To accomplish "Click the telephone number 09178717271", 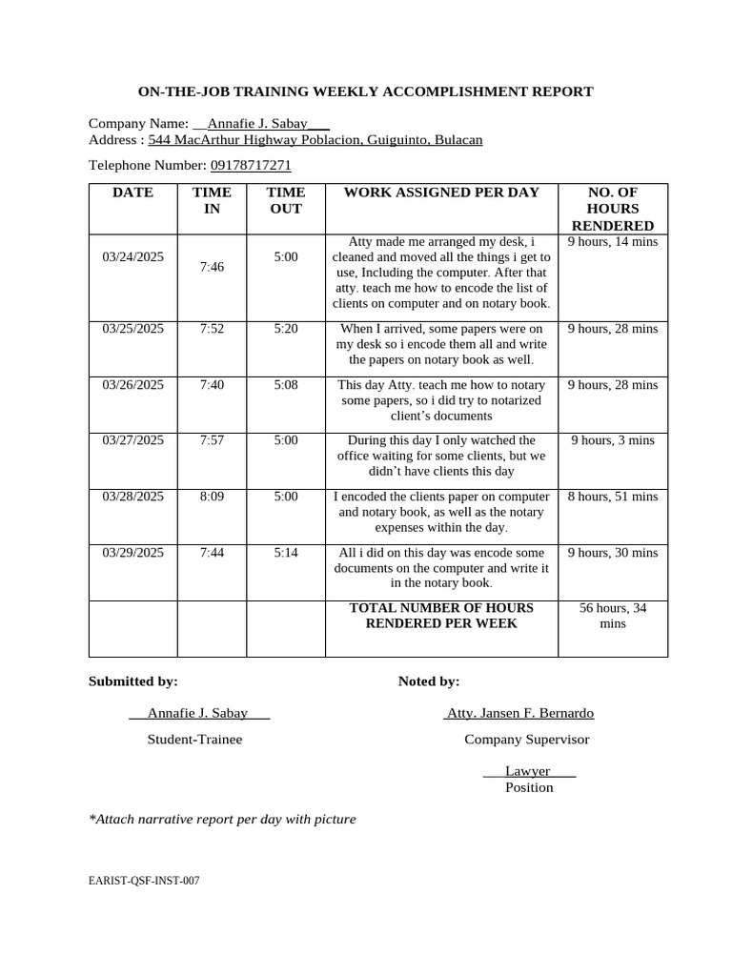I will pos(251,165).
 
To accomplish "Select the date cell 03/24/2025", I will pos(132,256).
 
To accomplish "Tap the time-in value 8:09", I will pos(212,497).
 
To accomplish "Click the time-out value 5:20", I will pos(286,329).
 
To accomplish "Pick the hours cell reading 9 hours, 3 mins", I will pos(613,440).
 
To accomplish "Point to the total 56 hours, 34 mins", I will pos(613,616).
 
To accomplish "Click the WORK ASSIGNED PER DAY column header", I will pos(441,193).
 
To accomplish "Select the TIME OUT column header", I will pos(286,200).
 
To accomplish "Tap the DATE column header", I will pos(132,193).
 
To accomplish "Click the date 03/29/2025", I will pos(132,553).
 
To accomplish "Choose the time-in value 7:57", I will pos(212,440).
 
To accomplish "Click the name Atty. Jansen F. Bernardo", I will pos(519,713).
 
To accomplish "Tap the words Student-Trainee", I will pos(194,740).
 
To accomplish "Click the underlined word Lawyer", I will pos(527,771).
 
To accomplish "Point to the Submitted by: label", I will pos(133,681).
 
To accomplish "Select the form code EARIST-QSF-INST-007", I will pos(144,882).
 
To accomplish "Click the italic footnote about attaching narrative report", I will pos(222,819).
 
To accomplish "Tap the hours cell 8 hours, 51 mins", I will pos(613,497).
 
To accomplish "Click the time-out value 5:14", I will pos(286,553).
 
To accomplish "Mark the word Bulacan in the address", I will pos(458,140).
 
